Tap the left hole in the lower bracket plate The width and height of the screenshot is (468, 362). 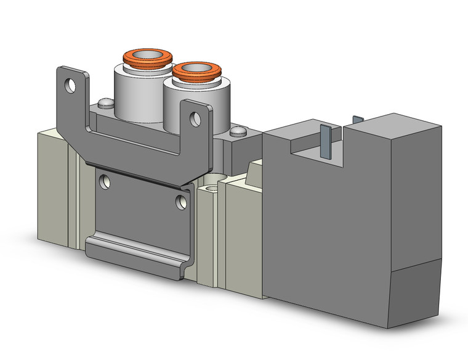click(106, 180)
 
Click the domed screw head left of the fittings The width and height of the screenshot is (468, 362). click(105, 104)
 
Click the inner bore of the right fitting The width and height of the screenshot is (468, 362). click(196, 68)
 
